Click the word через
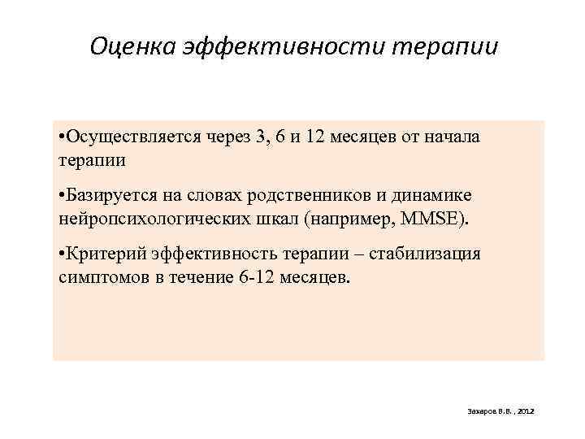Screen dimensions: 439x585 coord(224,137)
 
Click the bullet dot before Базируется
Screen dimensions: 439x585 coord(63,196)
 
